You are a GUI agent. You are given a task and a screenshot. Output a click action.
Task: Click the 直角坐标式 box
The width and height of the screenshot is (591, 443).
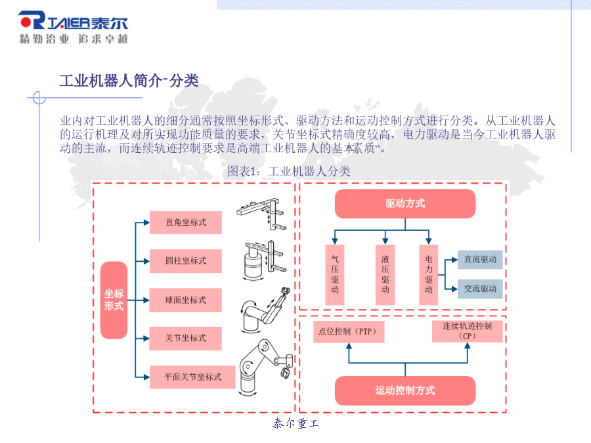185,222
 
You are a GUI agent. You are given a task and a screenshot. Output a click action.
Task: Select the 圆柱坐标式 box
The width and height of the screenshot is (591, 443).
185,261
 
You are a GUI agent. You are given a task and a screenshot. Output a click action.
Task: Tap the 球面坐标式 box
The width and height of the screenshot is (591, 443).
185,300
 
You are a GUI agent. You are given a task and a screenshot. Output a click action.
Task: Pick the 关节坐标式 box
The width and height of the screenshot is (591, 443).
185,338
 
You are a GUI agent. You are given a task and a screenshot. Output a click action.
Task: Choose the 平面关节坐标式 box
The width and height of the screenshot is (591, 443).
192,377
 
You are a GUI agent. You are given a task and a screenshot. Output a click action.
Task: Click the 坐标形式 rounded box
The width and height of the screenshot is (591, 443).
114,300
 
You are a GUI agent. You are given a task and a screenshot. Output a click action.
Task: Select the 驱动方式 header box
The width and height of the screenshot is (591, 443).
405,204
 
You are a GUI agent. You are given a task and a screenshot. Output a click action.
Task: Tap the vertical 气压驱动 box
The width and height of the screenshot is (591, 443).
335,274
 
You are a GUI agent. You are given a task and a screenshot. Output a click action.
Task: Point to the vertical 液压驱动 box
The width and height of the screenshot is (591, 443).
385,274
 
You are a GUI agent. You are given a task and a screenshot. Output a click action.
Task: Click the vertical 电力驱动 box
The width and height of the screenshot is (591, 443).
429,274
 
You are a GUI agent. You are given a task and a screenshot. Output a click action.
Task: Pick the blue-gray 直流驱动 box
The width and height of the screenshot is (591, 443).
480,259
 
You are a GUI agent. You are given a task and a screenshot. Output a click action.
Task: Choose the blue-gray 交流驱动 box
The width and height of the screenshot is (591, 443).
480,289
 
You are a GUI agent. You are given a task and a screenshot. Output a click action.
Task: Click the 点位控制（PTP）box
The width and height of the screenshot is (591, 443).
349,332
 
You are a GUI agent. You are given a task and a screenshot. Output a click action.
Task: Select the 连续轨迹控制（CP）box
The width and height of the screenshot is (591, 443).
468,331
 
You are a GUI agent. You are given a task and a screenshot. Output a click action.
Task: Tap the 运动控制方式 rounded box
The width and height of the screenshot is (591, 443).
405,390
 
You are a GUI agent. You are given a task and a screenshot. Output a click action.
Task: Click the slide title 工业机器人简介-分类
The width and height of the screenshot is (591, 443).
129,81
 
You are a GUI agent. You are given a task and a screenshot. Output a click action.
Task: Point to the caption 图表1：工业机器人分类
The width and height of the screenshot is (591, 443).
289,171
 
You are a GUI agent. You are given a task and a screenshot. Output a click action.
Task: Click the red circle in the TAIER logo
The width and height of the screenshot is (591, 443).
26,22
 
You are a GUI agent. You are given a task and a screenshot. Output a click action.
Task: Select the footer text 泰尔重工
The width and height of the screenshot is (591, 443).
296,423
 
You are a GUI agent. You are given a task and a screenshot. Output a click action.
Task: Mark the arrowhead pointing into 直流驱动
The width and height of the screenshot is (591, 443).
454,259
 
